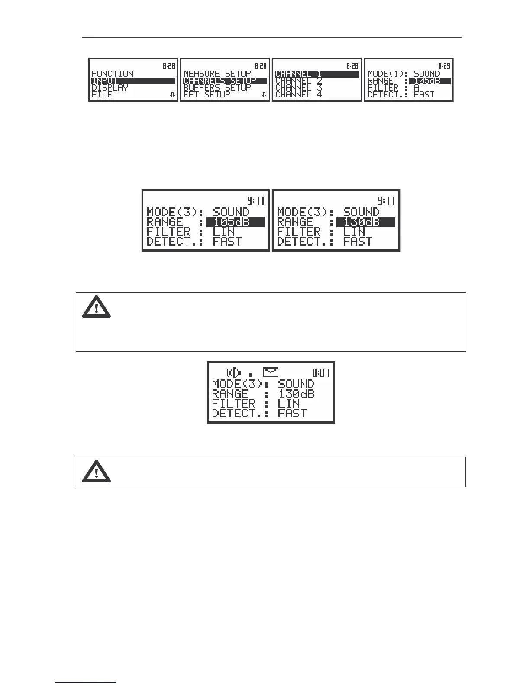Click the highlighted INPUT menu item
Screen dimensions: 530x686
[105, 81]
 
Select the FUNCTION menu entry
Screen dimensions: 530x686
[113, 74]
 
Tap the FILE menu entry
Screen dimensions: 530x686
[102, 94]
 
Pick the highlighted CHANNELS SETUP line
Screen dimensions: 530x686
[220, 81]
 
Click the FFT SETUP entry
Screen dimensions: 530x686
[207, 94]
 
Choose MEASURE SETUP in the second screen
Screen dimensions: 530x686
[217, 74]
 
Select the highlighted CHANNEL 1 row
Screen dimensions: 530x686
[299, 74]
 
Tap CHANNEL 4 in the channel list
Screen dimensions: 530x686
[299, 94]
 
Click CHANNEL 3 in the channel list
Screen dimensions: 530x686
[299, 87]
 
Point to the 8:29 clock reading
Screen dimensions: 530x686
[444, 66]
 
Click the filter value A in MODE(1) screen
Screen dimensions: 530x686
[417, 88]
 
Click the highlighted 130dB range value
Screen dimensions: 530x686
[362, 223]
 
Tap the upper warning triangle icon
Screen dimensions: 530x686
[97, 307]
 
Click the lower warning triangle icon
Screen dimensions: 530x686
[97, 472]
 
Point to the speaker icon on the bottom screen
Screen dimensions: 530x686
[234, 372]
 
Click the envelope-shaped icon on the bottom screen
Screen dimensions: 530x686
[271, 372]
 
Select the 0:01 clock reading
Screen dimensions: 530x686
[321, 372]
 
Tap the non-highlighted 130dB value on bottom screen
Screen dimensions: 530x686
[296, 394]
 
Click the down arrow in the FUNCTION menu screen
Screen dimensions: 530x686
[172, 95]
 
